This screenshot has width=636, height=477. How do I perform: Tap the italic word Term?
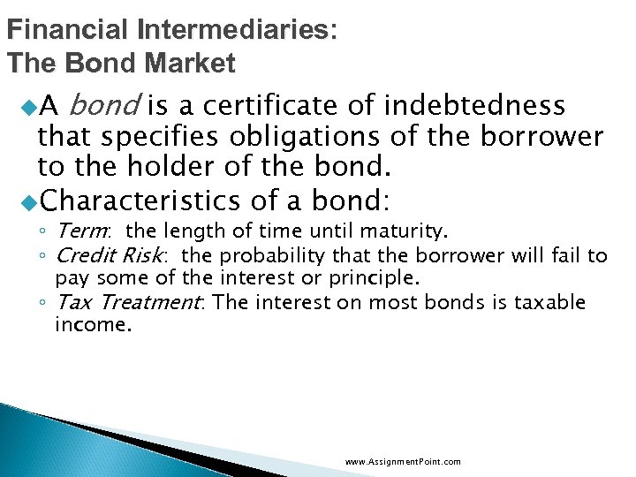pos(82,231)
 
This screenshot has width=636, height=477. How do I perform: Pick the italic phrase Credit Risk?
pos(109,256)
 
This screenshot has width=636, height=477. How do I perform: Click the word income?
pos(93,325)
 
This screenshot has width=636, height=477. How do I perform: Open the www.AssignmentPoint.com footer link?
pos(402,461)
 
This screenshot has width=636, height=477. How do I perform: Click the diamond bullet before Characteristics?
pos(29,201)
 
